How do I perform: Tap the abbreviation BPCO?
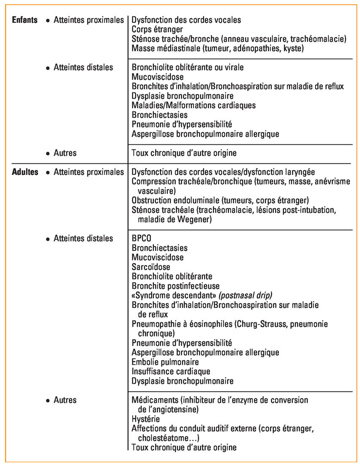142,239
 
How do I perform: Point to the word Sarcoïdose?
151,267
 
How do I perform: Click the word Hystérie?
146,419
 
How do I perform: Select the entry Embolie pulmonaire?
165,362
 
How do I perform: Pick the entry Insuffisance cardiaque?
171,372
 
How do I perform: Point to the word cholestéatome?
164,438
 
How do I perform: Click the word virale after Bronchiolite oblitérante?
234,67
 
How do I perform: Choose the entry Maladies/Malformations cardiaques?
194,105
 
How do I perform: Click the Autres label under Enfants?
65,153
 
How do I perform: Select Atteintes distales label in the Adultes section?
83,239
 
